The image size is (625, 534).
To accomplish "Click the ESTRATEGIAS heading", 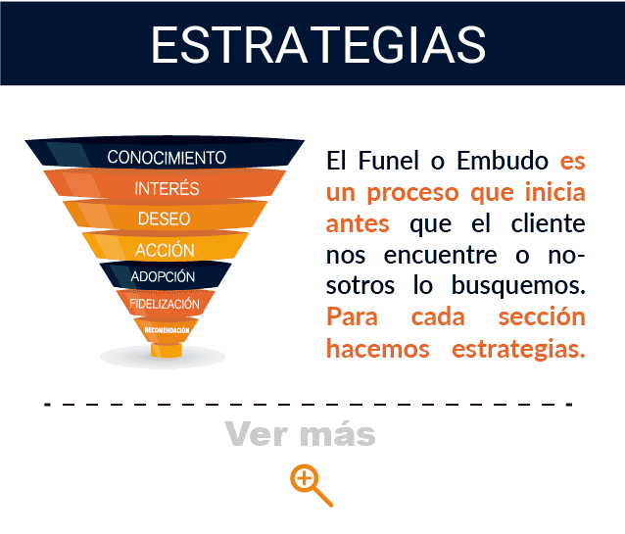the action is [x=318, y=45].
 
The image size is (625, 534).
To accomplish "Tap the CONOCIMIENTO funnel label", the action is [x=167, y=157].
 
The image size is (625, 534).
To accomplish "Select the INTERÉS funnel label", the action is [x=167, y=188].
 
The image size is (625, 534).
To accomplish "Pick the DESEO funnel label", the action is [x=164, y=218].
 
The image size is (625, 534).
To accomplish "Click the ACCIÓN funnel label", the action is [x=165, y=249].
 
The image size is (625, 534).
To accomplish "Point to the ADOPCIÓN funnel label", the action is [x=163, y=276].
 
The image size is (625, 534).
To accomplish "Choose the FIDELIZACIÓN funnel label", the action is [x=165, y=304].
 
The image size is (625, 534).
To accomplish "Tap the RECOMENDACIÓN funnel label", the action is [x=167, y=330].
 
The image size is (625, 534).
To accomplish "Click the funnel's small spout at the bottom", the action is [x=167, y=350].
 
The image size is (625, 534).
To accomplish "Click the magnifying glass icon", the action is [x=311, y=485].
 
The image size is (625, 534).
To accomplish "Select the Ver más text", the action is [x=300, y=433].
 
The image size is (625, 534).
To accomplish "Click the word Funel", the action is [x=389, y=161].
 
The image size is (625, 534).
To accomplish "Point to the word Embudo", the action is [x=503, y=161].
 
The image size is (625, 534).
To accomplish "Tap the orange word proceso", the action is [x=413, y=193].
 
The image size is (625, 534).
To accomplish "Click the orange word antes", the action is [x=358, y=223].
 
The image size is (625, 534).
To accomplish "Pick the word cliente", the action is [x=548, y=223].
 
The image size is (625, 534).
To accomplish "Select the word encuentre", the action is [x=441, y=255].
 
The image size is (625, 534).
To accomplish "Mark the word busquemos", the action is [x=518, y=285].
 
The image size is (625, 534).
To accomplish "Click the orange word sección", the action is [x=542, y=317].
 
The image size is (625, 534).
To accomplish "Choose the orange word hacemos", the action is [x=378, y=349].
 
